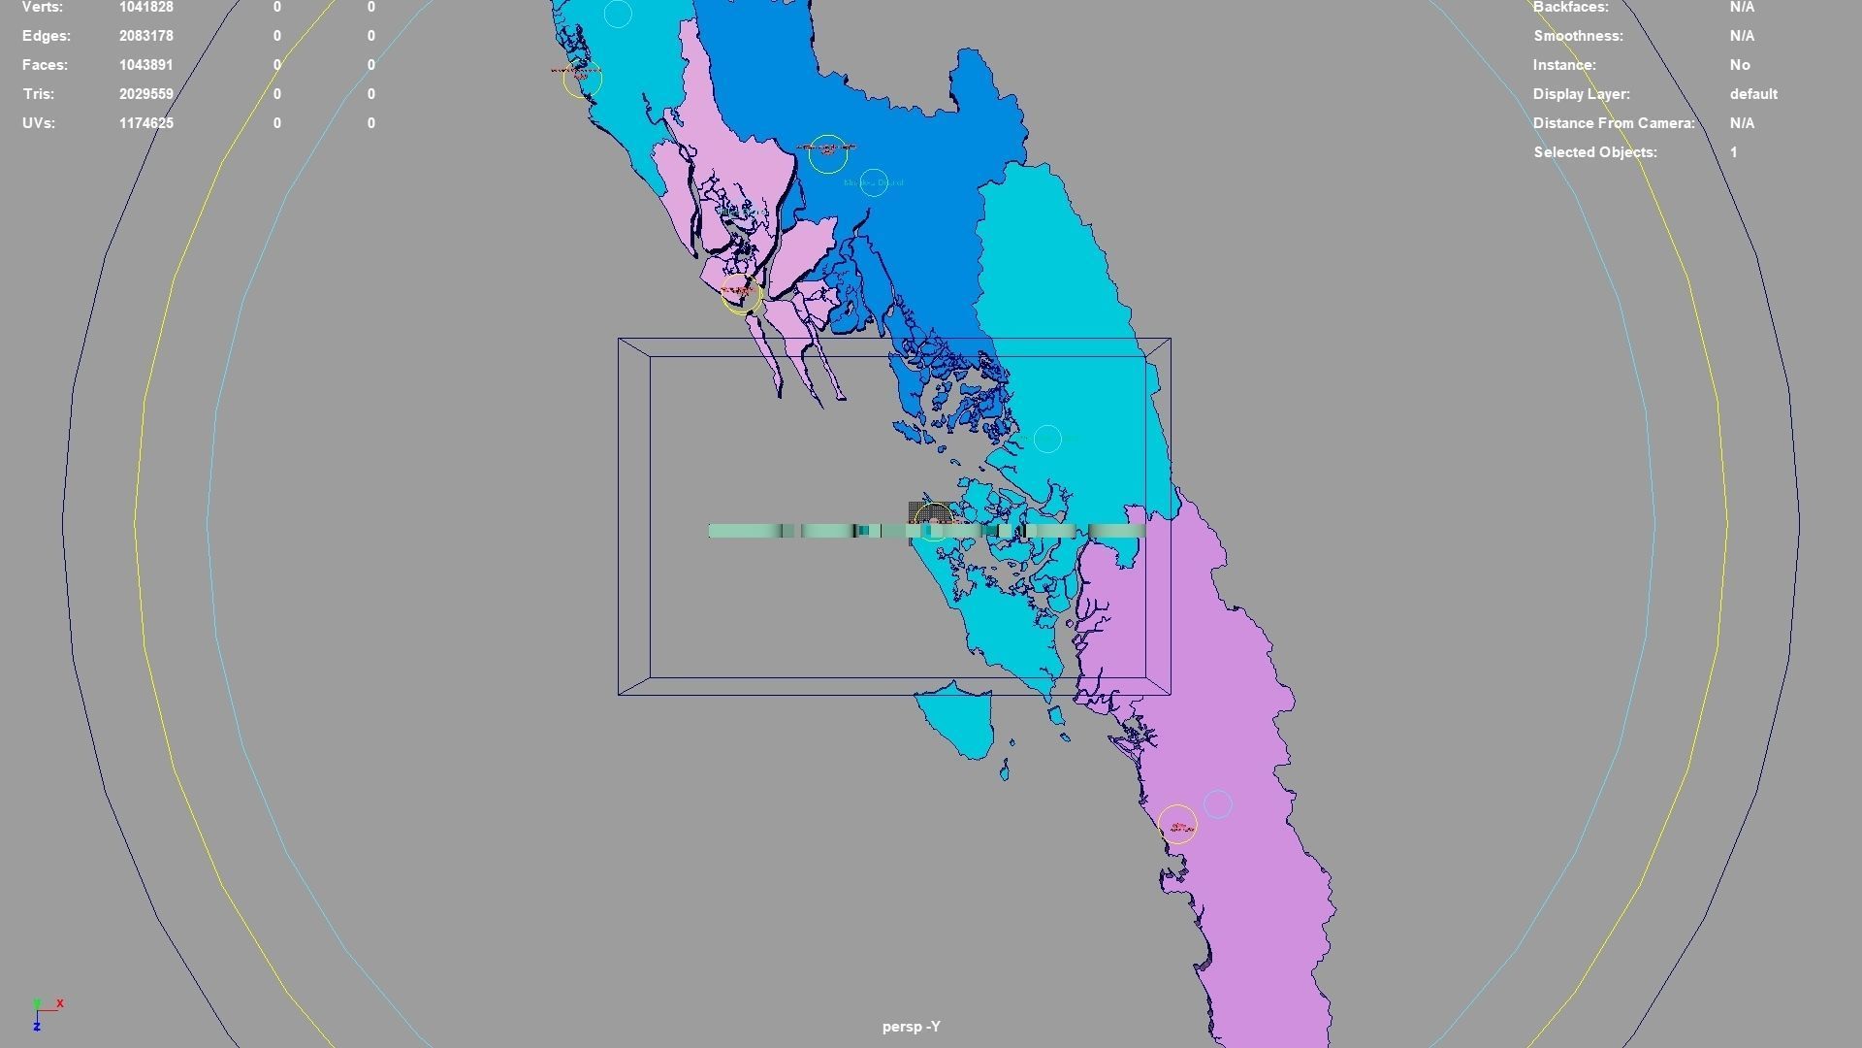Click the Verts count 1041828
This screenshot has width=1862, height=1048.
click(145, 7)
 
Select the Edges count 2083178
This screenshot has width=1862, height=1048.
click(145, 36)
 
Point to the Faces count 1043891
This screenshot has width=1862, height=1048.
click(145, 65)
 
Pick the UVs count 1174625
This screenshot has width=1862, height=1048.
click(145, 123)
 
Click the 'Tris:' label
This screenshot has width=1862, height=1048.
click(38, 94)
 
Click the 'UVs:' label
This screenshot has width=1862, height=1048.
click(39, 123)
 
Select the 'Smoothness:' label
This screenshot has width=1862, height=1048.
click(1578, 36)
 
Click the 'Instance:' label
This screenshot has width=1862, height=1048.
click(1564, 65)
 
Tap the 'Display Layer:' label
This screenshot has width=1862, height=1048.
click(1581, 94)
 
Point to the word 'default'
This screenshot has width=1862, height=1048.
click(1753, 94)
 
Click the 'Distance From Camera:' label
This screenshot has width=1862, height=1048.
click(1614, 123)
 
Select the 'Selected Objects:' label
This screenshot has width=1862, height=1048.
click(1594, 152)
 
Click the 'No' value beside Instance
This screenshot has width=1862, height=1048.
click(1740, 65)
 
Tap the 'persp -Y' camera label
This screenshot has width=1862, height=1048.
click(911, 1027)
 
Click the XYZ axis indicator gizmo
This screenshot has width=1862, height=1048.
click(45, 1013)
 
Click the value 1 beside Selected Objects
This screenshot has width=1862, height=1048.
click(1734, 152)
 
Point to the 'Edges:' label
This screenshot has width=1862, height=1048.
click(47, 36)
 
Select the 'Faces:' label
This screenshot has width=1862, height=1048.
click(45, 65)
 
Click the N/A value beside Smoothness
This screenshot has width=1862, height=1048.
click(1742, 36)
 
